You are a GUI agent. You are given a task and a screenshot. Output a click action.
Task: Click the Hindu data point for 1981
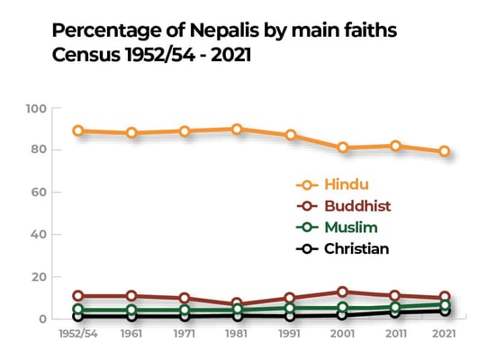pos(237,129)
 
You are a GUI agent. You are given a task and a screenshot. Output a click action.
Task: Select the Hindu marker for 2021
pos(445,151)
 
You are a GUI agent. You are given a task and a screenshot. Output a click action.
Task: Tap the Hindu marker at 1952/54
pos(79,130)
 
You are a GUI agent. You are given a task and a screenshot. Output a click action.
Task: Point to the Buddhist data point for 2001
pos(341,292)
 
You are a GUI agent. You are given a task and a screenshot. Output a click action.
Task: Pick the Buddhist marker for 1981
pos(237,304)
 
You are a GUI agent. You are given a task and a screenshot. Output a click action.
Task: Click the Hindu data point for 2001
pos(341,148)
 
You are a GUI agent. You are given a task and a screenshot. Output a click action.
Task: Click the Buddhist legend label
pos(357,206)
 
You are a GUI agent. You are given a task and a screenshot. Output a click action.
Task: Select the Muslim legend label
pos(352,228)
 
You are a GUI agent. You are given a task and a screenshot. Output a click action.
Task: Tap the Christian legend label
pos(357,249)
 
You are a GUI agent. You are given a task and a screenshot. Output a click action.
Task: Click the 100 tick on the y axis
pos(36,109)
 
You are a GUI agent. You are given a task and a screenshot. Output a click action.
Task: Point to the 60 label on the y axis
pos(39,193)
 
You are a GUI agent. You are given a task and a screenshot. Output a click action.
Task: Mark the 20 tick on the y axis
pos(39,277)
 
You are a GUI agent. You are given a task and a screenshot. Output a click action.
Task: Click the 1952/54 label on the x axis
pos(79,334)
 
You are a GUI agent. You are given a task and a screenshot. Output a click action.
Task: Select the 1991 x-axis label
pos(289,334)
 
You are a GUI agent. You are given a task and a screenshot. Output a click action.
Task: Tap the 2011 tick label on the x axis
pos(393,334)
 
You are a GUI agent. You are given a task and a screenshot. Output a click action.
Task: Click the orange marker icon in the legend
pos(307,184)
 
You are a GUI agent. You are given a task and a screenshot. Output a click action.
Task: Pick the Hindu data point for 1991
pos(289,135)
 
